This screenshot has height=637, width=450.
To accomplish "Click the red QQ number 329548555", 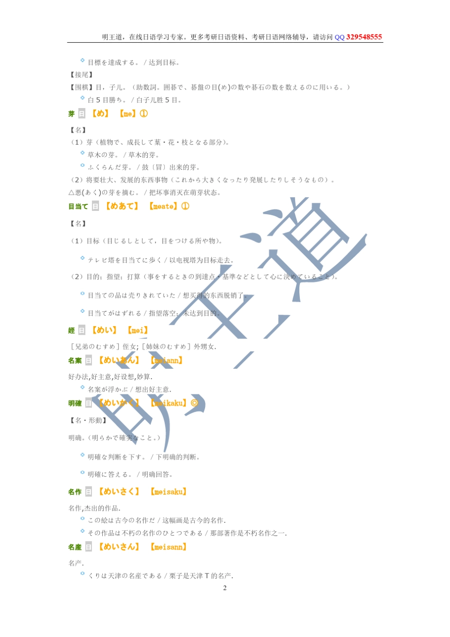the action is point(364,37).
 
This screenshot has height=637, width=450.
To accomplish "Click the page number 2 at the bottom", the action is point(225,588).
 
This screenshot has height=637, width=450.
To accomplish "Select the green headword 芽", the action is point(72,114).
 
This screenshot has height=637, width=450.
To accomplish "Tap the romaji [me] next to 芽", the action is point(127,114).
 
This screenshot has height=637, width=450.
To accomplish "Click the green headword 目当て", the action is point(78,206).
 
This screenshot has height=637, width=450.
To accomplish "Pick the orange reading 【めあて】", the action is point(122,206).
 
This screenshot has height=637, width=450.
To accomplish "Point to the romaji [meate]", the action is point(163,206).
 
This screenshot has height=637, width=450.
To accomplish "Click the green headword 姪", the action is point(72,330).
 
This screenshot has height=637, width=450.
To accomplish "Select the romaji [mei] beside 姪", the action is point(137,330).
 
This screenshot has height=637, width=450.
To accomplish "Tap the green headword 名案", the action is point(75,361).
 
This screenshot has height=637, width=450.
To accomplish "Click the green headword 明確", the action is point(75,403).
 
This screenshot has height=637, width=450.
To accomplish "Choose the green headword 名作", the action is point(75,492).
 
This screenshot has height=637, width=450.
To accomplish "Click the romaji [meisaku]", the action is point(168,492).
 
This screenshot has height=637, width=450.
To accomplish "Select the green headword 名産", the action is point(75,547).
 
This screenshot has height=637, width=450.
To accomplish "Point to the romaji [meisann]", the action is point(168,547).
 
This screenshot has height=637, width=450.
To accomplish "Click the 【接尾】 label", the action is point(81,75).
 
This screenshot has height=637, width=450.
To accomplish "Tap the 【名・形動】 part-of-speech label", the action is point(88,420).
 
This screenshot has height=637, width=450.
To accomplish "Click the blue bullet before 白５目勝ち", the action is point(82,98).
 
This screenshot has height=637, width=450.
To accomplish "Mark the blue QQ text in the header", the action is point(340,37).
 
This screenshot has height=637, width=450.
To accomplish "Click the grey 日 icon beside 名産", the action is point(89,547).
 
